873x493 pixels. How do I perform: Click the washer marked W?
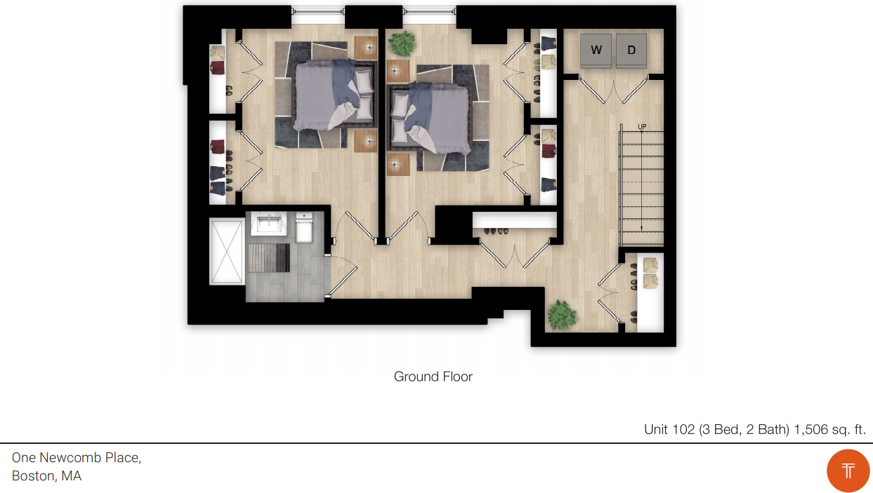click(596, 50)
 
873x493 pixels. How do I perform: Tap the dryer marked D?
click(631, 50)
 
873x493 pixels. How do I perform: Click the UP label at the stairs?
click(642, 127)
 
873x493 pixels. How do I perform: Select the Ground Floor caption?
click(433, 377)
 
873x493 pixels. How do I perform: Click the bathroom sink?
click(268, 223)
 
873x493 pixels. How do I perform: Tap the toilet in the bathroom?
click(304, 227)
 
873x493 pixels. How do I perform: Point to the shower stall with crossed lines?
click(227, 252)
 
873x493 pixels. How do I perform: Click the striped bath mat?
click(269, 257)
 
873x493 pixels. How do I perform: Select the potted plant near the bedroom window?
click(402, 43)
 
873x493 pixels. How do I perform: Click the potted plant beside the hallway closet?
click(562, 314)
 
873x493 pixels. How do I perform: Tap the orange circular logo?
click(848, 471)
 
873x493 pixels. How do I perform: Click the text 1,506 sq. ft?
click(829, 430)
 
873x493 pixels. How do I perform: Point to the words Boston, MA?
click(46, 476)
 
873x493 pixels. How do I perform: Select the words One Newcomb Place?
click(77, 458)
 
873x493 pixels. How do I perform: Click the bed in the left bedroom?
click(334, 95)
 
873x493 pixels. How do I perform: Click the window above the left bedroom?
click(318, 11)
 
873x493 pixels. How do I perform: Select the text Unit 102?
click(669, 430)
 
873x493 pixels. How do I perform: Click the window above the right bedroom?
click(429, 11)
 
